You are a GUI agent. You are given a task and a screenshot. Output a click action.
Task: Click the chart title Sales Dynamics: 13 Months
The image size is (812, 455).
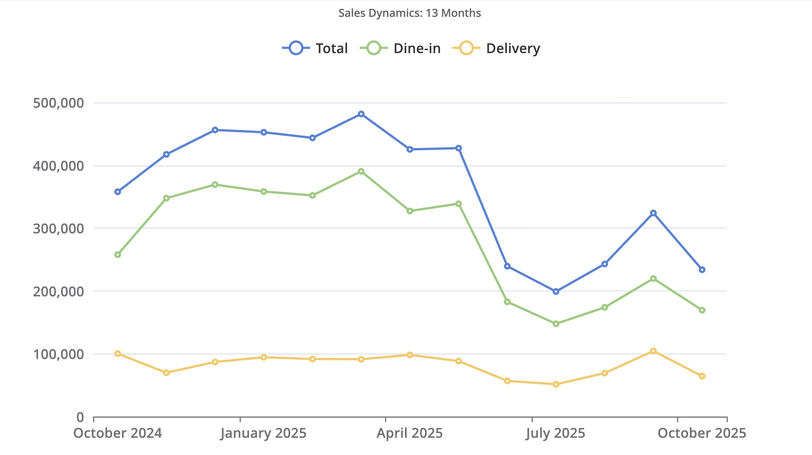[x=409, y=13]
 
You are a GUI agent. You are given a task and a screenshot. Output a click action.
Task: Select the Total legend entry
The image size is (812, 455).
[x=315, y=48]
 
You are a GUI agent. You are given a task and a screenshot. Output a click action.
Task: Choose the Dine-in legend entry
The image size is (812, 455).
[x=400, y=48]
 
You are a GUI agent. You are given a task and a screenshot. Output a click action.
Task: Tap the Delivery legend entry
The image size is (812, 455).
[x=497, y=48]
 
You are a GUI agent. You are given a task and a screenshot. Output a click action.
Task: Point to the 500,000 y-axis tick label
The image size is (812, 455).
[x=58, y=103]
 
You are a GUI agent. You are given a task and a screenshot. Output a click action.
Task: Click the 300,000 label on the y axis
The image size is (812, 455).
[x=58, y=229]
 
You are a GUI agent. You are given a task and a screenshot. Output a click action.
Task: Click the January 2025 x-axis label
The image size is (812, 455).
[x=263, y=433]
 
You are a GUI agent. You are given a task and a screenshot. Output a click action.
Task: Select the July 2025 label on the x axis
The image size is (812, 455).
[x=555, y=433]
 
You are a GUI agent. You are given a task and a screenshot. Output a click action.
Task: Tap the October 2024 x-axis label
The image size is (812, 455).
[x=118, y=433]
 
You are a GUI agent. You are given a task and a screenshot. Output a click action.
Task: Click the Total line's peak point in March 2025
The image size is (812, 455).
[x=361, y=114]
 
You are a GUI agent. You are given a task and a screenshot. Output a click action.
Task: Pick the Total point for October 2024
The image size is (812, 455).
[x=118, y=192]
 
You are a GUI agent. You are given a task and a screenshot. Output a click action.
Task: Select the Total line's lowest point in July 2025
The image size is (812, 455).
[x=556, y=292]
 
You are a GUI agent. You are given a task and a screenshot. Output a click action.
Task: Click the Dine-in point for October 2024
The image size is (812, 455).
[x=118, y=255]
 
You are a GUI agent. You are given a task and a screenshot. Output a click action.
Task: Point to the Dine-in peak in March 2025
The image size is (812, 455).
[x=361, y=171]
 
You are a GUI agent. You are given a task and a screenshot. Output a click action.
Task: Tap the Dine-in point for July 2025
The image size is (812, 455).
[x=556, y=324]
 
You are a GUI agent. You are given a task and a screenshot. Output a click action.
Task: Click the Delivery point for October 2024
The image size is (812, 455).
[x=118, y=354]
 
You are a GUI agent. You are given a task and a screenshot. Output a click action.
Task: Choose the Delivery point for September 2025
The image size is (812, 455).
[x=653, y=351]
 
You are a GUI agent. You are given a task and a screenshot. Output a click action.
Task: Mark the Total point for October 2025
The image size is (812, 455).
[x=702, y=270]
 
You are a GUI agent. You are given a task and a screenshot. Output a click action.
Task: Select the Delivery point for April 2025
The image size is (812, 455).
[x=410, y=355]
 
